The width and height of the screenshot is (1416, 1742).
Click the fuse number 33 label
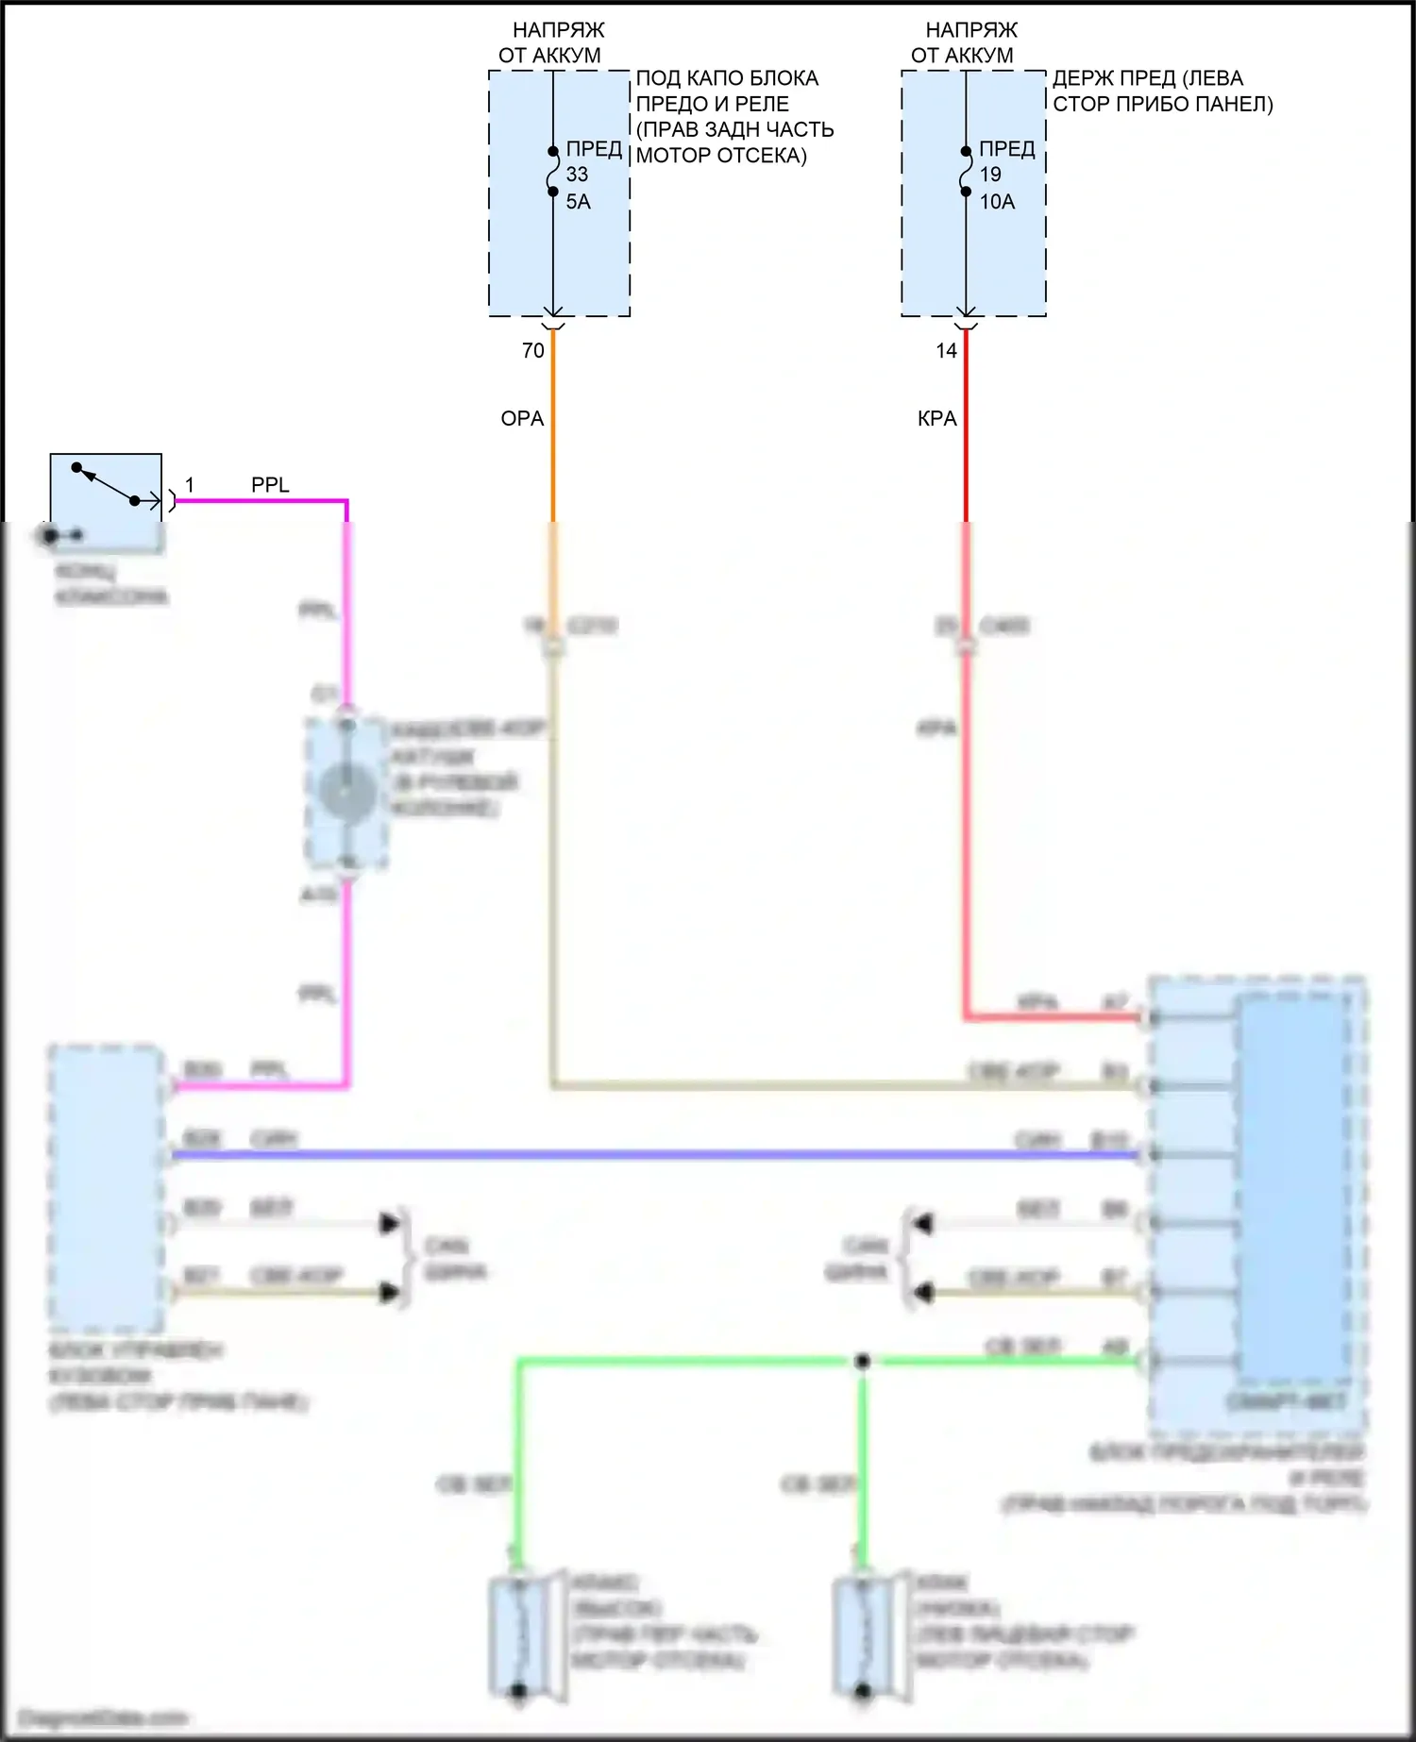[577, 175]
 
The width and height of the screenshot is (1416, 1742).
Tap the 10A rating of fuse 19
[997, 201]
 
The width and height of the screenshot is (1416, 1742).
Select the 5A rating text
[578, 201]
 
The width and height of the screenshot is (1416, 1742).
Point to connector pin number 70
[533, 351]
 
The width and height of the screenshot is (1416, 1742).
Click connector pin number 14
[946, 351]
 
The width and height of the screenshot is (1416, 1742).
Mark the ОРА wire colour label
[522, 418]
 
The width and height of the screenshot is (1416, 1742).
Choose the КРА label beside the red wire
[936, 418]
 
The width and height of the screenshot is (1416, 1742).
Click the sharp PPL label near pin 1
[270, 485]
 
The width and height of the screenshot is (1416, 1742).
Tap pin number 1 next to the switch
[190, 485]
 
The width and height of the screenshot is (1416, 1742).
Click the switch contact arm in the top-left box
[106, 484]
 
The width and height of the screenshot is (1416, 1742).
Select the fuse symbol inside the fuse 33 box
[553, 172]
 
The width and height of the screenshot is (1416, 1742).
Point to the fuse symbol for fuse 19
[966, 172]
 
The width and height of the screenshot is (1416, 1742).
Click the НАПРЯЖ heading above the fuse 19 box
[970, 30]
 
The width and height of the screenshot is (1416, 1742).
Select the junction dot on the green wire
[861, 1362]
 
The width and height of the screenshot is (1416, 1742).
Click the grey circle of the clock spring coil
[346, 791]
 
